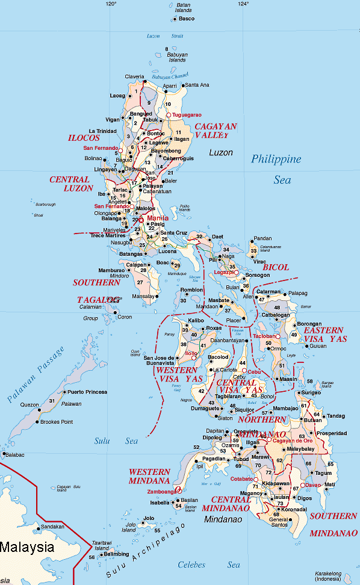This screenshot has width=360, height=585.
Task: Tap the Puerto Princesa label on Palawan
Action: pos(87,392)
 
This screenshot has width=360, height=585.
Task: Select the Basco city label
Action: pos(187,19)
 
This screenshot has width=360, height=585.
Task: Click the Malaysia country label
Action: pos(26,548)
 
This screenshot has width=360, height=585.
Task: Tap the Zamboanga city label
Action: pos(160,492)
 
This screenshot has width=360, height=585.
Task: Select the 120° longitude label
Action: pos(110,4)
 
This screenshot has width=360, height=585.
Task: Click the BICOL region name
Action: pos(276,267)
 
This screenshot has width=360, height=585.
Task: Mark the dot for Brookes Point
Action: pos(37,422)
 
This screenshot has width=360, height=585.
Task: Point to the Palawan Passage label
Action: pos(36,374)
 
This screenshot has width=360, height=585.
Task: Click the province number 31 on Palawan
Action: pos(52,401)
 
